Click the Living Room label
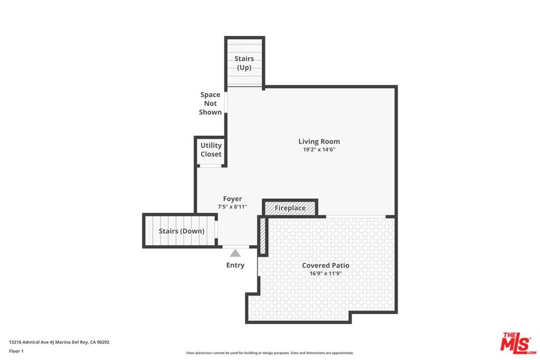tap(319, 141)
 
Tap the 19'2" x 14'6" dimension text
tap(319, 150)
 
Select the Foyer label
tap(233, 199)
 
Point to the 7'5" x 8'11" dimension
tap(233, 207)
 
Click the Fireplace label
tap(290, 208)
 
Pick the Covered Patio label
tap(326, 265)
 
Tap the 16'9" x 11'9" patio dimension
tap(326, 274)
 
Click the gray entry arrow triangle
tap(235, 254)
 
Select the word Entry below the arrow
tap(235, 265)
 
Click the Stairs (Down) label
tap(181, 231)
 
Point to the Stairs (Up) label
tap(244, 63)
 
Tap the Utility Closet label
tap(211, 150)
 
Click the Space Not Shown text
tap(210, 103)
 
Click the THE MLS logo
tap(518, 343)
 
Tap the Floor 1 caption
tap(16, 351)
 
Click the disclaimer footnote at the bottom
tap(270, 353)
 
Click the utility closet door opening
tap(210, 166)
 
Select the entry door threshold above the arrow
tap(236, 247)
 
